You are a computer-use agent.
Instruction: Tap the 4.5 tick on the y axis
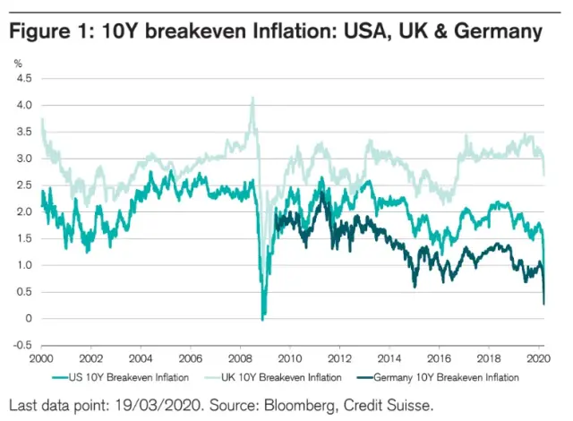pos(25,79)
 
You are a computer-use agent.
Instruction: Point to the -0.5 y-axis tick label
pos(23,345)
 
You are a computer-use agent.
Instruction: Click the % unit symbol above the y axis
pos(18,62)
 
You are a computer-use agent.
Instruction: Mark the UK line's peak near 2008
pos(252,97)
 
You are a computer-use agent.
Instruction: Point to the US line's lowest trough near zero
pos(261,319)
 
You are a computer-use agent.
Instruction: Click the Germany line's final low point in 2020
pos(544,305)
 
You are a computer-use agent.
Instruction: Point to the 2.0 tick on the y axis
pos(25,211)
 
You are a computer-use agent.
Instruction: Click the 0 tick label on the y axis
pos(29,318)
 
